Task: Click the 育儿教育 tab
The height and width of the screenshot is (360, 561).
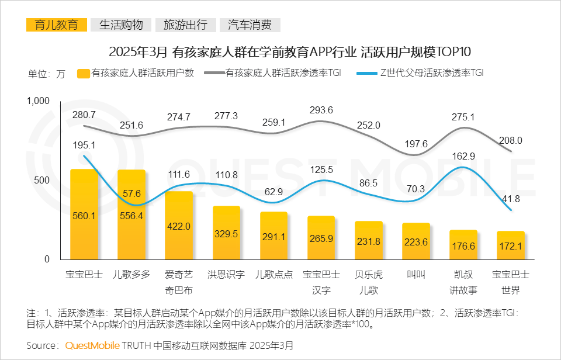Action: pos(57,25)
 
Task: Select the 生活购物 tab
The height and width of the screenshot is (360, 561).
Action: pos(121,25)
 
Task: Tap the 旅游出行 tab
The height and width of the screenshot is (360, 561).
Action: pos(185,25)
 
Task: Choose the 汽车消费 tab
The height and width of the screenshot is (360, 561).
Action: pos(250,25)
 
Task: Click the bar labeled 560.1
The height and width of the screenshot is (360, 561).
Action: pos(84,214)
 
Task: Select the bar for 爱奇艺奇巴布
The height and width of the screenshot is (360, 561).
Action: pos(179,226)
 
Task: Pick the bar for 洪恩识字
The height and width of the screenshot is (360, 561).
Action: pos(226,233)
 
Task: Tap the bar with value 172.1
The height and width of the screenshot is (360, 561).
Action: pos(511,245)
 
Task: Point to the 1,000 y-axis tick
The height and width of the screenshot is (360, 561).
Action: pos(39,101)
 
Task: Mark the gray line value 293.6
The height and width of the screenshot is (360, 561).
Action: pos(321,110)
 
